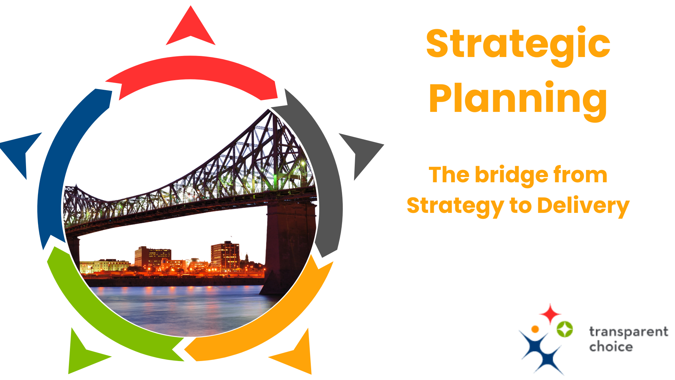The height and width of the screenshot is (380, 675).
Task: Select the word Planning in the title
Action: point(518,99)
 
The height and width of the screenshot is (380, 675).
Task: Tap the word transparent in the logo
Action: point(628,332)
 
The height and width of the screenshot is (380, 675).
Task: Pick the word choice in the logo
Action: point(611,347)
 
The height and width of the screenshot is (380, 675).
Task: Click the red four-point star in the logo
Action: point(550,313)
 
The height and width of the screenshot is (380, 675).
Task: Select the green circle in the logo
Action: point(565,329)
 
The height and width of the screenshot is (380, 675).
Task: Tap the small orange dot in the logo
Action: point(535,329)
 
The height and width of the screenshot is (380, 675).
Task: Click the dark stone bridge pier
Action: point(288,246)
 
